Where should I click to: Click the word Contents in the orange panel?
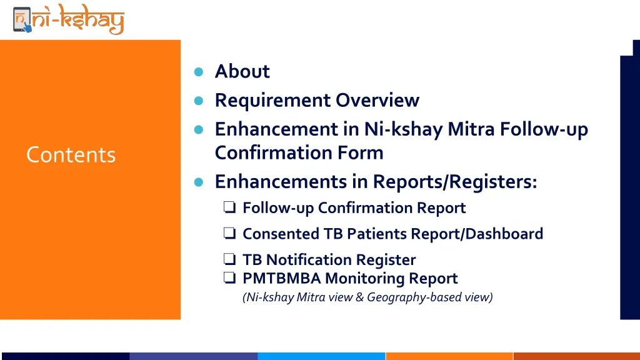(x=71, y=154)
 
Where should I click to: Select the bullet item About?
(x=242, y=71)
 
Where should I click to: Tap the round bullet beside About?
(x=199, y=72)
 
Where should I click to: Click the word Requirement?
(x=273, y=100)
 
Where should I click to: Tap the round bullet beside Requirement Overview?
(x=199, y=101)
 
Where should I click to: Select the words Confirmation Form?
(x=299, y=152)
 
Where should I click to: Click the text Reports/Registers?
(x=455, y=181)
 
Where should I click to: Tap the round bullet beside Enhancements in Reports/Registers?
(x=199, y=182)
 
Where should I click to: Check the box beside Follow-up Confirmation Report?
(x=229, y=207)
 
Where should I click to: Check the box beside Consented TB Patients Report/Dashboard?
(x=229, y=234)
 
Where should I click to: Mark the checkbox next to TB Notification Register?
(x=229, y=259)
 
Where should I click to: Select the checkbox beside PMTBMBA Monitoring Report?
(x=229, y=278)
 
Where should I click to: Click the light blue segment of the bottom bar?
(x=321, y=356)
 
